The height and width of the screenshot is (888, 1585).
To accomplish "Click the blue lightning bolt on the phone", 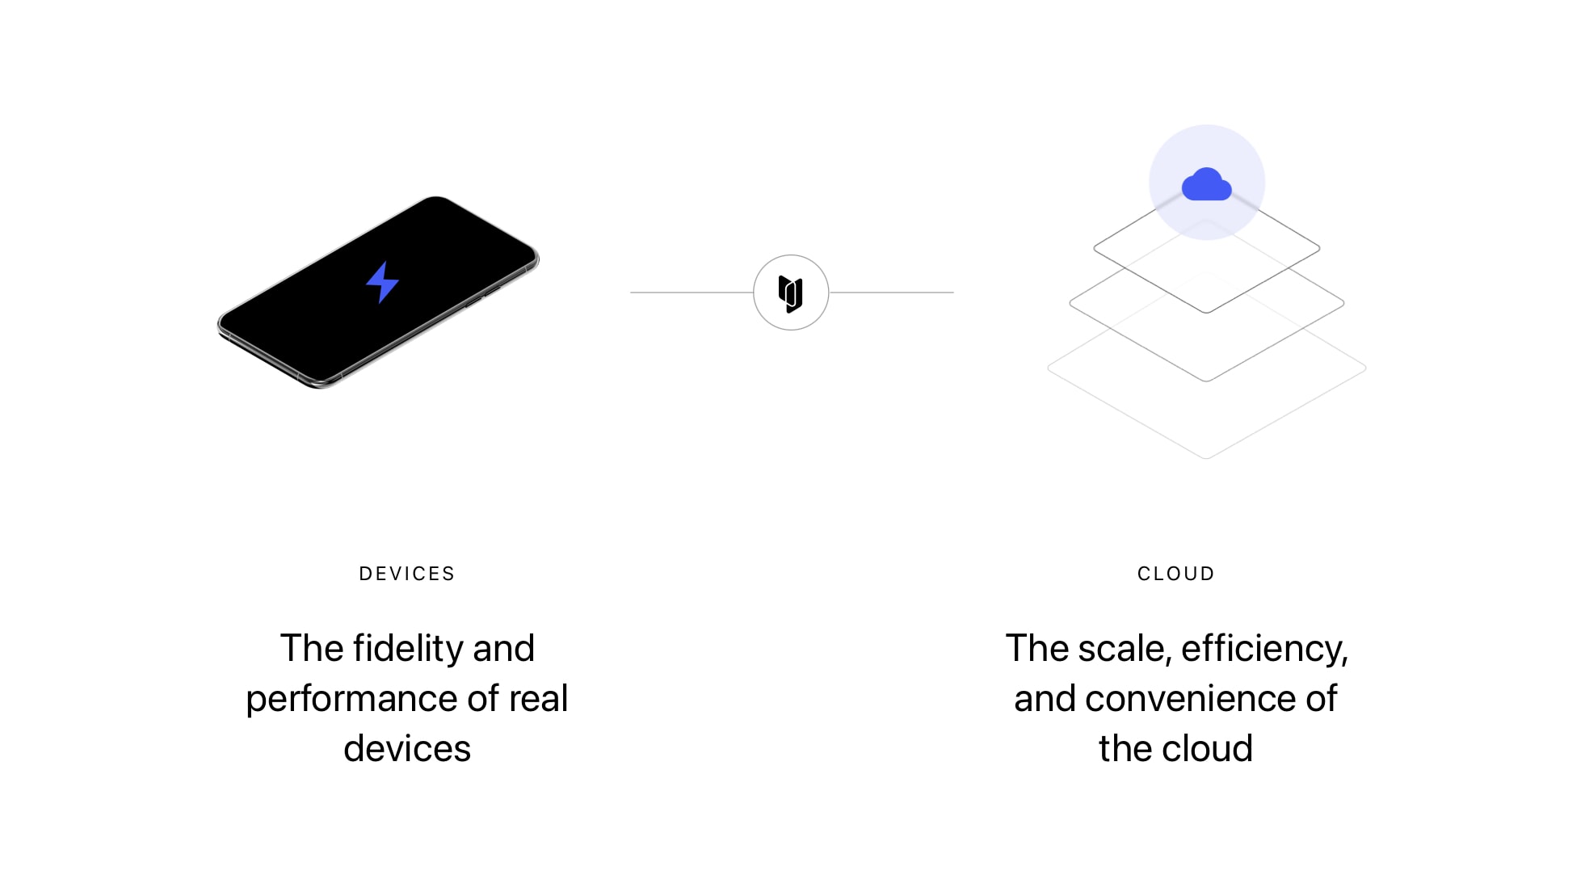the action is coord(382,282).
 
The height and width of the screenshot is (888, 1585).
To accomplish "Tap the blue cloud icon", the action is coord(1206,184).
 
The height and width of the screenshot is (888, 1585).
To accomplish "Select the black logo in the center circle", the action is coord(791,293).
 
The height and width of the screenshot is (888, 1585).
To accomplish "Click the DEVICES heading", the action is coord(407,574).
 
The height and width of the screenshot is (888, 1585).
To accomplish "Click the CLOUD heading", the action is coord(1176,574).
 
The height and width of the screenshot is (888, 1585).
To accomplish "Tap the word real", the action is coord(538,698).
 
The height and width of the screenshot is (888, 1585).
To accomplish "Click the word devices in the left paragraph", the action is coord(407,748).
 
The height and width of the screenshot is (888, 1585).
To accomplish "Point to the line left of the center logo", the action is coord(692,292).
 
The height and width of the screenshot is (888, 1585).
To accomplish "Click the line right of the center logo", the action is coord(891,292).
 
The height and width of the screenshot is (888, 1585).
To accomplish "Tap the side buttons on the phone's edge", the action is coord(483,296).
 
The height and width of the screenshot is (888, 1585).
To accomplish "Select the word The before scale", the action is coord(1037,649).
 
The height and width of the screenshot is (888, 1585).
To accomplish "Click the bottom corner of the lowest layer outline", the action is coord(1206,459).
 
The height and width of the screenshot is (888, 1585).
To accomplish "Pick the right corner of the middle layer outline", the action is coord(1343,304).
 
